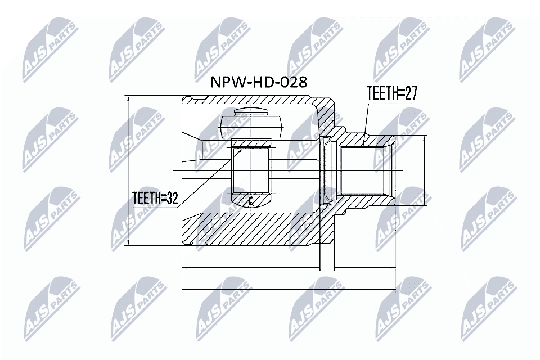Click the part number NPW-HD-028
259,82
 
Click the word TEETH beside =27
382,93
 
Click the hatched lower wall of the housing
253,231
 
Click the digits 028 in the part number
294,82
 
